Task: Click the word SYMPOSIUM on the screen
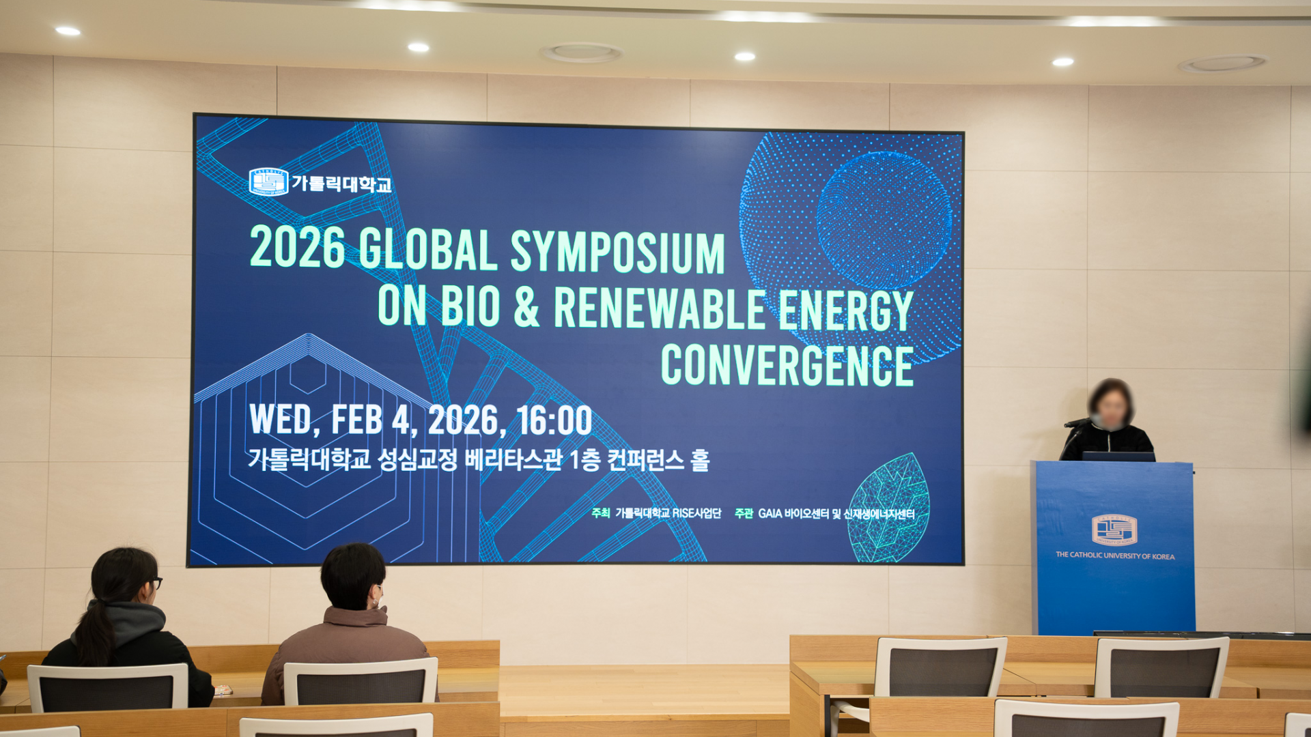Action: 617,252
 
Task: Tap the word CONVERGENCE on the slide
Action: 787,365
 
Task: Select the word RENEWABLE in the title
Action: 660,308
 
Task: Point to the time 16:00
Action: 554,420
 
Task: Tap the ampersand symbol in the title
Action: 526,308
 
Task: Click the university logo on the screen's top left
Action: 268,182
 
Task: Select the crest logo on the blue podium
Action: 1114,530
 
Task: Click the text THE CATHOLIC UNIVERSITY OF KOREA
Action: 1115,556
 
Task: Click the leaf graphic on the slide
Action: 888,508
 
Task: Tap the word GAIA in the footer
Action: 770,514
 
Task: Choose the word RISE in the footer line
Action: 683,513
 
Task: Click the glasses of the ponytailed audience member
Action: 155,583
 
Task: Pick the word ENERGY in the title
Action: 846,310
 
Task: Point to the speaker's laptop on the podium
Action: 1118,457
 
